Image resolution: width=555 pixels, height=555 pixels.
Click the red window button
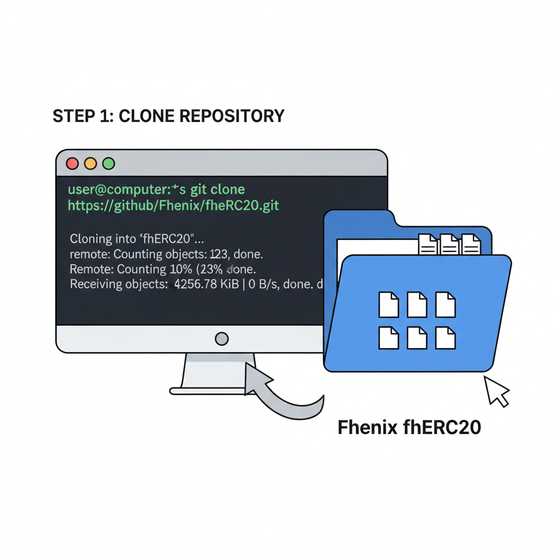[x=72, y=163]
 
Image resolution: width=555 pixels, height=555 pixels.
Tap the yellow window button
[x=91, y=163]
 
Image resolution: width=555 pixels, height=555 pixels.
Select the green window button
[x=109, y=163]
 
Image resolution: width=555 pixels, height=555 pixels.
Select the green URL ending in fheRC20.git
[x=173, y=205]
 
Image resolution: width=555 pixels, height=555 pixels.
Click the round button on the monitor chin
[x=222, y=339]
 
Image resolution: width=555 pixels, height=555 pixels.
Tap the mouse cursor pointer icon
[x=495, y=390]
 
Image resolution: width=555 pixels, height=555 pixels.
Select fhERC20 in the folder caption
[x=443, y=427]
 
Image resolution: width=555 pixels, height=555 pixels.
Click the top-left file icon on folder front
[x=389, y=304]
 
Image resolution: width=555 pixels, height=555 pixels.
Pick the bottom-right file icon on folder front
[x=445, y=337]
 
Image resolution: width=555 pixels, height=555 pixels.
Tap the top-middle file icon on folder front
[x=417, y=304]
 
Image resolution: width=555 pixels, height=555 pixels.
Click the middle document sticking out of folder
[x=449, y=244]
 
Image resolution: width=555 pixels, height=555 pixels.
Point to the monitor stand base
[x=211, y=390]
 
